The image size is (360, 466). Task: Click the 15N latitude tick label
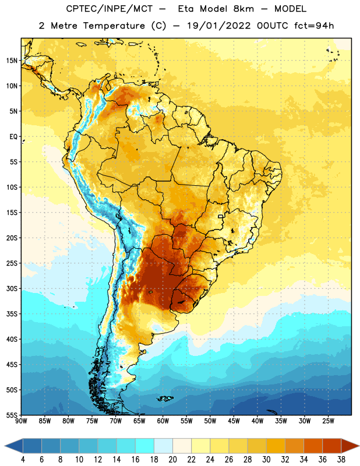click(12, 61)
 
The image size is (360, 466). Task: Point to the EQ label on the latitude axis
click(13, 137)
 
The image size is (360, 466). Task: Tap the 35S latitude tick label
click(12, 314)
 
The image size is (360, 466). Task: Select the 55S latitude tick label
click(12, 415)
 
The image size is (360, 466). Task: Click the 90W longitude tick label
click(21, 421)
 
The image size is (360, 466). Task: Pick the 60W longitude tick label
click(163, 421)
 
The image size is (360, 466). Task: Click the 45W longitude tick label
click(234, 421)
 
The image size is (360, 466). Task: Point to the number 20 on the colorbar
click(172, 460)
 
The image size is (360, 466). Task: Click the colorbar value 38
click(341, 460)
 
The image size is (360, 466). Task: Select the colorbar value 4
click(23, 460)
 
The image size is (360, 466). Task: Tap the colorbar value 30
click(266, 460)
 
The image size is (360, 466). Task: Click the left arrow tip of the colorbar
click(5, 446)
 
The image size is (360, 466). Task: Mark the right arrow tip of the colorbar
click(359, 446)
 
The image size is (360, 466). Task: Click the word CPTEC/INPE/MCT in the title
click(110, 9)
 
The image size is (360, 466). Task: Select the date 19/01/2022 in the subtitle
click(219, 26)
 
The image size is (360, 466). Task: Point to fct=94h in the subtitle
click(314, 26)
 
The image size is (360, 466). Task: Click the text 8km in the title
click(243, 9)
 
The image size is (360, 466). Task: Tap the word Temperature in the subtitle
click(114, 26)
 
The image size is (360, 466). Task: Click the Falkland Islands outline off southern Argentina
click(165, 398)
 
